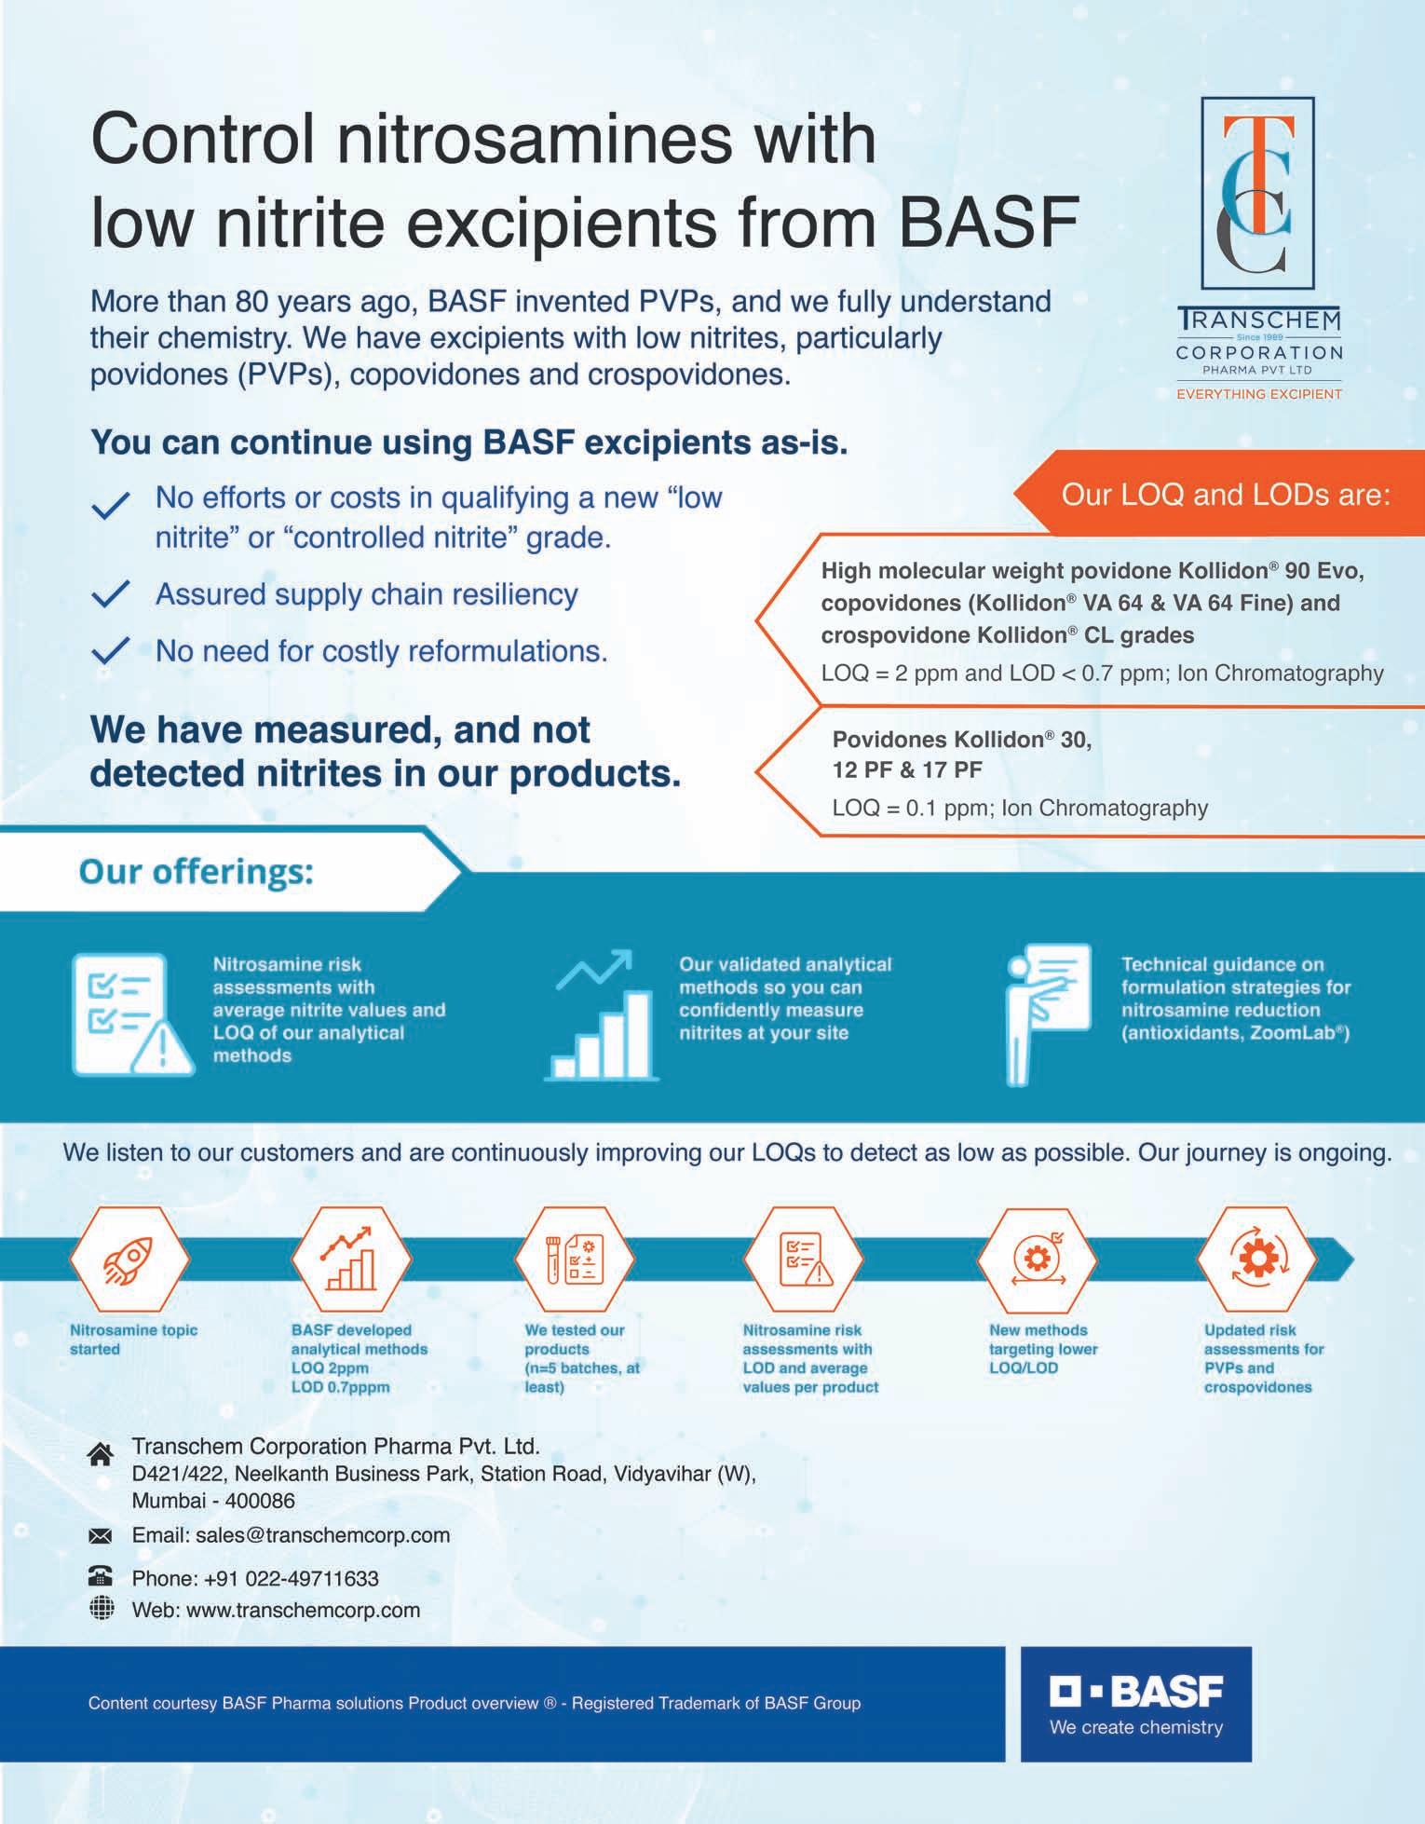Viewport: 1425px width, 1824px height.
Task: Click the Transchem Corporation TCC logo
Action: [x=1257, y=193]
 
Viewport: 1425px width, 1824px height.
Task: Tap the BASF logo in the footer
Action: [x=1135, y=1704]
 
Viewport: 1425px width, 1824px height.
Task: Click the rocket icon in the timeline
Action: [x=129, y=1260]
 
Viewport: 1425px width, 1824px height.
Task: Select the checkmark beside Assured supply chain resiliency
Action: [x=110, y=595]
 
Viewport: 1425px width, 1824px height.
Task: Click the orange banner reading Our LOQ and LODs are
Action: [x=1224, y=494]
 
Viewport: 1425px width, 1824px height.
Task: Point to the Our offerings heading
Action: [x=197, y=872]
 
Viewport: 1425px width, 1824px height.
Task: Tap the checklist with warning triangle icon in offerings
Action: [x=131, y=1014]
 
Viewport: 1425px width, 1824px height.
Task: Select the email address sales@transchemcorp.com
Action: [x=322, y=1534]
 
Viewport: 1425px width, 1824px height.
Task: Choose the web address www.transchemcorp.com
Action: [x=303, y=1610]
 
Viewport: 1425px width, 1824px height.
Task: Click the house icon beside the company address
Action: [x=101, y=1454]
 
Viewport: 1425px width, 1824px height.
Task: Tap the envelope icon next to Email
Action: [x=101, y=1535]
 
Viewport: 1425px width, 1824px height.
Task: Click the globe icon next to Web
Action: [x=101, y=1608]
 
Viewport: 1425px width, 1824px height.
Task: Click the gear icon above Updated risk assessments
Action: [x=1255, y=1259]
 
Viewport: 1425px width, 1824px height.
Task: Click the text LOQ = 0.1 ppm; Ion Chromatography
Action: [x=1020, y=808]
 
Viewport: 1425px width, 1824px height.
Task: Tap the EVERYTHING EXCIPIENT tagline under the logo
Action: [x=1258, y=394]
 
